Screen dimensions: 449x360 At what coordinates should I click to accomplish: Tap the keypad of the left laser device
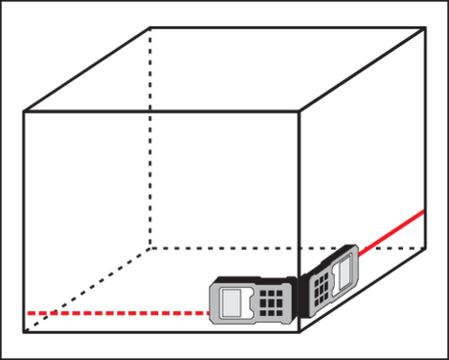coord(270,303)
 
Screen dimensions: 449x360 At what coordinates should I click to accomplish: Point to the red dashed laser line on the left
coord(117,312)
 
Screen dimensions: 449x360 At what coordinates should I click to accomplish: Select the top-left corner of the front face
coord(23,112)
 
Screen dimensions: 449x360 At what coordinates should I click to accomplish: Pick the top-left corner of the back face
coord(148,27)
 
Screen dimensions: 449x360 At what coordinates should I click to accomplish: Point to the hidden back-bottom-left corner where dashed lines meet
coord(148,248)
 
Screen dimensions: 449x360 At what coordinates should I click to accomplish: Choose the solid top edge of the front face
coord(161,112)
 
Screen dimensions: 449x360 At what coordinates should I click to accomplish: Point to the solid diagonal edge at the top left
coord(86,69)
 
